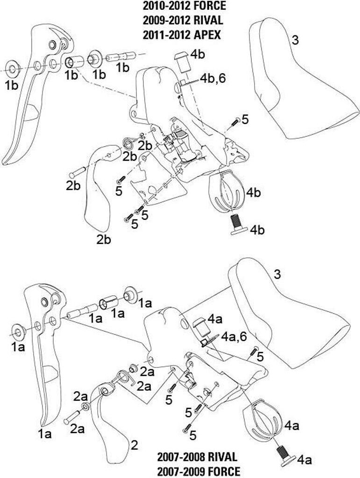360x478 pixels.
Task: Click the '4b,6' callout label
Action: (213, 78)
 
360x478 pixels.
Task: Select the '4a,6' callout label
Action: (234, 337)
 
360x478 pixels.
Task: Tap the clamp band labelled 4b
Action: (226, 191)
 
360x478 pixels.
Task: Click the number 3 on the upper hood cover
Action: (295, 40)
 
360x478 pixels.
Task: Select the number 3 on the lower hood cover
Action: (277, 274)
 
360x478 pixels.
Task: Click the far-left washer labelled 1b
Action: (13, 69)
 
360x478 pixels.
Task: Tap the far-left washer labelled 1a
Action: (18, 332)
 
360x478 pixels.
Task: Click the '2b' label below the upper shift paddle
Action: (104, 239)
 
